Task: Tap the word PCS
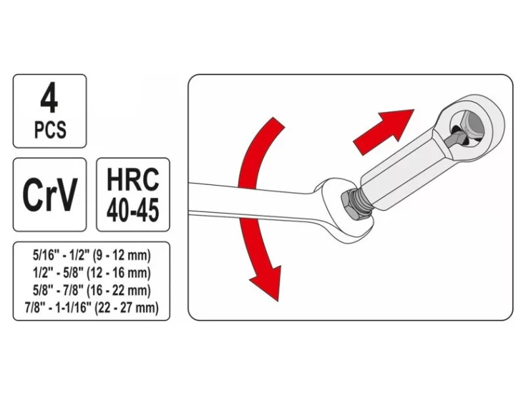pyautogui.click(x=50, y=130)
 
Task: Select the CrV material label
pyautogui.click(x=50, y=194)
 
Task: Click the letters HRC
pyautogui.click(x=133, y=180)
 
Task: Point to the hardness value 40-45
pyautogui.click(x=133, y=209)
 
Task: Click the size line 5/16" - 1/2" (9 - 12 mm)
pyautogui.click(x=91, y=255)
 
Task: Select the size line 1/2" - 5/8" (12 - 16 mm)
pyautogui.click(x=91, y=273)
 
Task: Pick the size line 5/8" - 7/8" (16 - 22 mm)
pyautogui.click(x=91, y=290)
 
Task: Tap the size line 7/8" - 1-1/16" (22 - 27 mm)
pyautogui.click(x=91, y=307)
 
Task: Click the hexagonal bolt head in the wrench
pyautogui.click(x=350, y=206)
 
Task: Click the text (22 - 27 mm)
pyautogui.click(x=127, y=307)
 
